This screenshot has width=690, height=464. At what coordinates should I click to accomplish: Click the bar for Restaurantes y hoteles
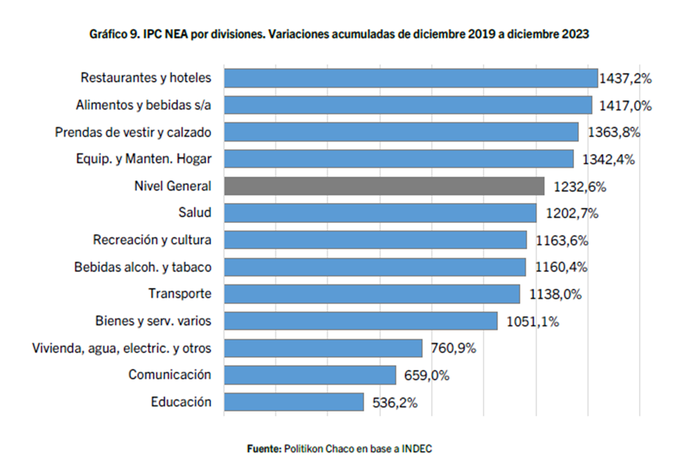pos(411,78)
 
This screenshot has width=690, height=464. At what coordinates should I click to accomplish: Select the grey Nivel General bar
pos(384,186)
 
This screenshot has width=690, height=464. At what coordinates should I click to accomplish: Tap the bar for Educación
pos(294,402)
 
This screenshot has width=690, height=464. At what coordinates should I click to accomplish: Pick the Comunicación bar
pos(310,375)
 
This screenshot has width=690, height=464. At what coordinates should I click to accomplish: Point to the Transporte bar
pos(372,294)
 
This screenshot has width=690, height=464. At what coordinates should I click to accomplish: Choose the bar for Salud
pos(380,213)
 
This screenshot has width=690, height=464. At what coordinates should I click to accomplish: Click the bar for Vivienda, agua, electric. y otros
pos(323,348)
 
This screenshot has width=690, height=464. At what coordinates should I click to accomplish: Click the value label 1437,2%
pos(625,78)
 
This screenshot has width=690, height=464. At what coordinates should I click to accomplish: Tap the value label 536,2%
pos(391,403)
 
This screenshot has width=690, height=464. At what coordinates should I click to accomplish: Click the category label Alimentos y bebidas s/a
pos(143,105)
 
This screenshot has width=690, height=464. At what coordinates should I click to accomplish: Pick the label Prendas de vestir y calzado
pos(133,132)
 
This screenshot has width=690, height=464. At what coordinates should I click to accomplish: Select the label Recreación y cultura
pos(152,240)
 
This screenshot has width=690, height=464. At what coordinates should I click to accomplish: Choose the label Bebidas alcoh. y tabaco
pos(143,267)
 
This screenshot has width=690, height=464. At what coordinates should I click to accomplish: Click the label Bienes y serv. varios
pos(153,321)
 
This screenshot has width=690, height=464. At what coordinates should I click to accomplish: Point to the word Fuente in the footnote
pos(264,449)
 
